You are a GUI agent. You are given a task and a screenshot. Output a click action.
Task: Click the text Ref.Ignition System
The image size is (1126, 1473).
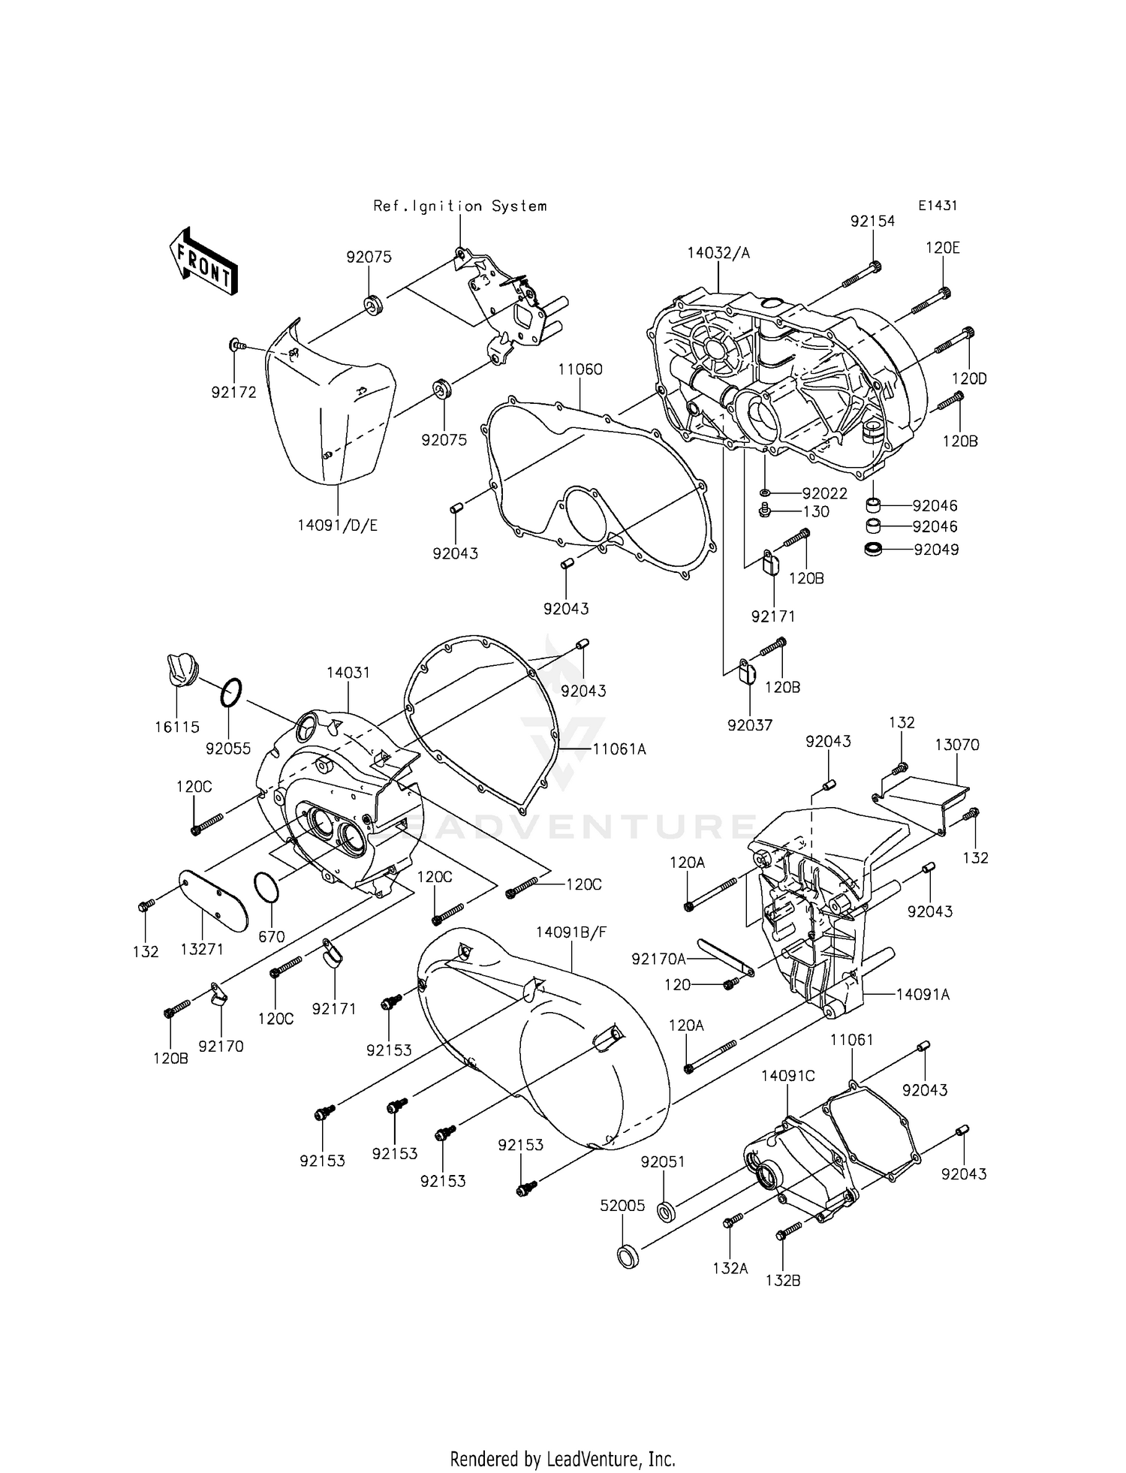point(460,206)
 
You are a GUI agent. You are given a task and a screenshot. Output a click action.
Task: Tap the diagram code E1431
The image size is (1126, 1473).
point(938,206)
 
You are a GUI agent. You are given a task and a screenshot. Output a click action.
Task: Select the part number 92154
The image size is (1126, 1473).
point(872,221)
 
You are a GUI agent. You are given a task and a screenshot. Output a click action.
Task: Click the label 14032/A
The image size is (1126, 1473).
point(718,253)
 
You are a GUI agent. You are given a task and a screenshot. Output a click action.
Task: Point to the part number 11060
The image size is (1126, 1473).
point(580,369)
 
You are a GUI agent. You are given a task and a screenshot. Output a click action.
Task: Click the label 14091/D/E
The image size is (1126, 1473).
point(337,526)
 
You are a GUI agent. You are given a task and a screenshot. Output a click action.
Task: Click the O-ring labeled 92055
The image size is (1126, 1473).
point(231,691)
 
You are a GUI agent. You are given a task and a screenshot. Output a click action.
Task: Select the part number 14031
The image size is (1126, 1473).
point(348,673)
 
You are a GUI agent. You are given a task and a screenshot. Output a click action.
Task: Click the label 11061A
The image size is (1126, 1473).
point(619,749)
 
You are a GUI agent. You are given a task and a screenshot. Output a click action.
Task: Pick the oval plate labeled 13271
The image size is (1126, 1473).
point(213,900)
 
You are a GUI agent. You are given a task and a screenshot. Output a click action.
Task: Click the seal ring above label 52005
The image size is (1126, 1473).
point(628,1257)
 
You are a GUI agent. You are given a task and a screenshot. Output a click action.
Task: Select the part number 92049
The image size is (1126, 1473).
point(936,549)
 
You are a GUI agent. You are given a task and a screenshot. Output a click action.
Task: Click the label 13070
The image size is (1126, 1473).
point(957,745)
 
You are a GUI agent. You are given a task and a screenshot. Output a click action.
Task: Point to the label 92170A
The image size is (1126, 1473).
point(658,959)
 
